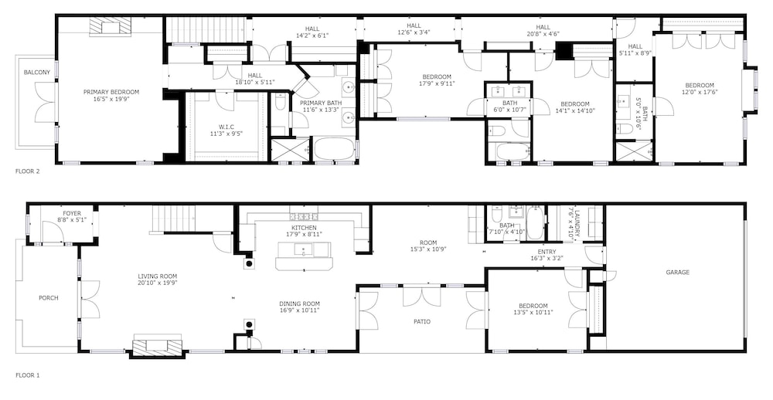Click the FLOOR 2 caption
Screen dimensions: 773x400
coord(27,171)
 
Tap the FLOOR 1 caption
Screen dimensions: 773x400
coord(27,375)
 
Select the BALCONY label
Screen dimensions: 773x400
coord(37,73)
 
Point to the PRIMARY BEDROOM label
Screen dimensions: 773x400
coord(111,92)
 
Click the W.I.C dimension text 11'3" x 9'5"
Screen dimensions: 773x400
coord(226,133)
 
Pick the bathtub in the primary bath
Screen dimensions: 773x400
coord(334,149)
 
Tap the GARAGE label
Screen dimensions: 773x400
coord(677,273)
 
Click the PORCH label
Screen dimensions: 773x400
coord(48,298)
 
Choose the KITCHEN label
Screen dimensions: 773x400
coord(304,228)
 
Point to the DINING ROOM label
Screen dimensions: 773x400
coord(299,304)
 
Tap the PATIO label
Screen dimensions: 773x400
coord(421,322)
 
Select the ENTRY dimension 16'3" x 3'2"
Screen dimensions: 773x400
coord(547,258)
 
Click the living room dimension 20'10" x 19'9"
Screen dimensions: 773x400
coord(157,283)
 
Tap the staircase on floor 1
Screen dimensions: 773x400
coord(173,219)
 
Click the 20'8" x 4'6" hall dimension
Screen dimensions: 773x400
coord(543,34)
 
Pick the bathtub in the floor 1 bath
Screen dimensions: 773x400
coord(534,223)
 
